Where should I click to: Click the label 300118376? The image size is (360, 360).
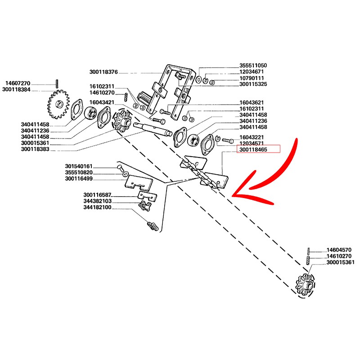103,72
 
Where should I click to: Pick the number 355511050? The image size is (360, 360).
253,65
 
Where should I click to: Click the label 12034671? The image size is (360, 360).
252,72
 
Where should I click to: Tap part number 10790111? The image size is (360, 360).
252,78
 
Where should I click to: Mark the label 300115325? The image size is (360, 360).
253,84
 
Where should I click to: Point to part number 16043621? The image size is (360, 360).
252,102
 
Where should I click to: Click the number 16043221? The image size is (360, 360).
252,137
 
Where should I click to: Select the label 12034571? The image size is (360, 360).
252,143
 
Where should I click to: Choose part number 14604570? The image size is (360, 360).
338,249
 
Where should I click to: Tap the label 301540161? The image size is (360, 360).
79,166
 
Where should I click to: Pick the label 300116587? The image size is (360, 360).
97,195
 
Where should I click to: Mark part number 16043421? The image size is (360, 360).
102,103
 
